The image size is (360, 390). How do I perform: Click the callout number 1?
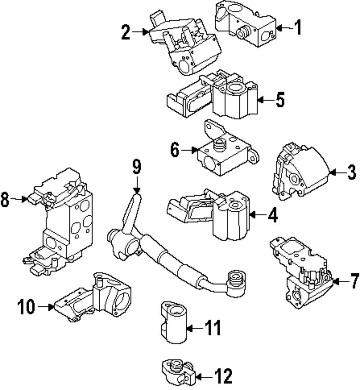tap(298, 27)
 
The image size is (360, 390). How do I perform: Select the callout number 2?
tap(126, 32)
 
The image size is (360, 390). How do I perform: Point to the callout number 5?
tap(280, 99)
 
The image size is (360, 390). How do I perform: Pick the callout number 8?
tap(5, 199)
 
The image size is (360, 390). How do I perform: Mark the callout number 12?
tap(224, 376)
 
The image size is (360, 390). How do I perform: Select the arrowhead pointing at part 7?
tap(336, 282)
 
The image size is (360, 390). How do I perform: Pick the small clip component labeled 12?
tap(178, 372)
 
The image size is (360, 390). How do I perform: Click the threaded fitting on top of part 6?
tap(219, 144)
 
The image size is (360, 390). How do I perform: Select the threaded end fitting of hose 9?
tap(236, 283)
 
